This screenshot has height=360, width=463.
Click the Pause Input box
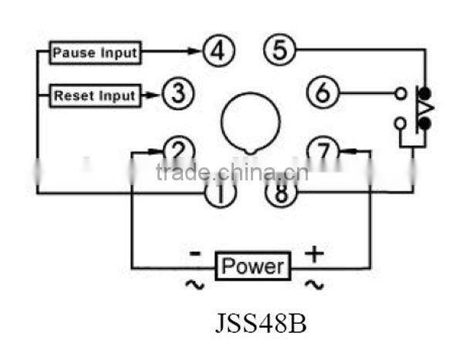tap(95, 53)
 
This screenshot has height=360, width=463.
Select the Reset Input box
tap(95, 96)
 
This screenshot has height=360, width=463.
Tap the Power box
tap(253, 267)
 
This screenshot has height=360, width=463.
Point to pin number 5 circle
tap(279, 51)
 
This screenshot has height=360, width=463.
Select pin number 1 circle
tap(220, 192)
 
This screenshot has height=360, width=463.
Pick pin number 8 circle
tap(281, 191)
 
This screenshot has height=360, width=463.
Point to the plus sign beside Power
tap(315, 253)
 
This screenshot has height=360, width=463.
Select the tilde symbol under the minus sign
tap(193, 284)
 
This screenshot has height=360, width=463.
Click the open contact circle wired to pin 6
tap(400, 94)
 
